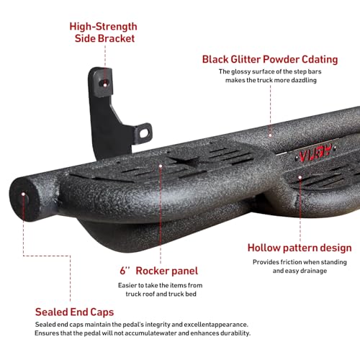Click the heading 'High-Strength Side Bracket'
(104, 32)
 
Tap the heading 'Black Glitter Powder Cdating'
(270, 60)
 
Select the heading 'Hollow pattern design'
(300, 248)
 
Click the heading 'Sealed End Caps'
(74, 312)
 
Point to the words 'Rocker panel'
(167, 271)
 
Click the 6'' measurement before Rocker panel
(125, 270)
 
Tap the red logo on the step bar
(315, 153)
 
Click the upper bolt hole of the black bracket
(105, 84)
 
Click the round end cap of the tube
(23, 199)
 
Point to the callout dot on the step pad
(161, 166)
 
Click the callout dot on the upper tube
(270, 135)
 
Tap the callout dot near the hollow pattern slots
(300, 178)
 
